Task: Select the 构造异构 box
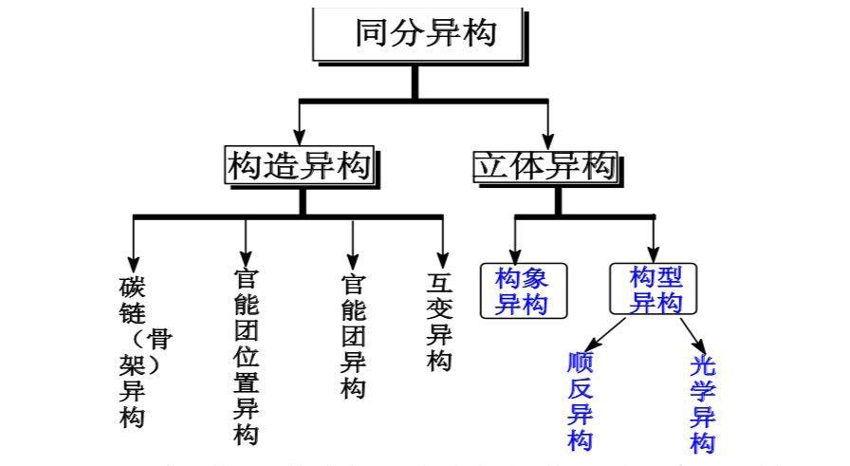click(x=298, y=167)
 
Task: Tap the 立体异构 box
click(x=545, y=167)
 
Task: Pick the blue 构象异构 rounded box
click(x=523, y=290)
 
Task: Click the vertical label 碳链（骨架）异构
click(x=134, y=351)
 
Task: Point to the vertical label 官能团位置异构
click(x=246, y=355)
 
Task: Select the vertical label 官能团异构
click(x=353, y=337)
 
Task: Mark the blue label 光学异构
click(x=703, y=404)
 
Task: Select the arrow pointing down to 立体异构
click(x=548, y=123)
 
